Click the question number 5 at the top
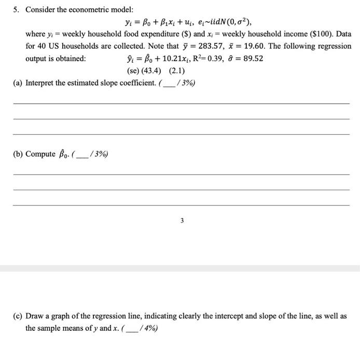click(16, 10)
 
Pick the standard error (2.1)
click(176, 71)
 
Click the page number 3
click(182, 220)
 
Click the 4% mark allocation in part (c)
click(149, 328)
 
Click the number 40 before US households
click(41, 46)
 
